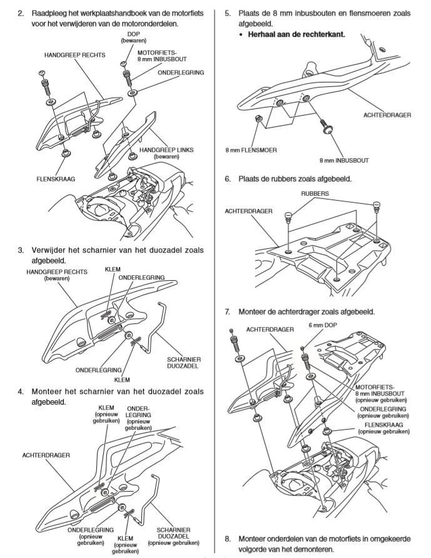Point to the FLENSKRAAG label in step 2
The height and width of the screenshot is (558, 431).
(x=56, y=178)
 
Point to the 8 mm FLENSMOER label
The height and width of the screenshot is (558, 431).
(x=251, y=150)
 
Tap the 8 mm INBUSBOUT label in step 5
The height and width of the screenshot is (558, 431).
(x=343, y=160)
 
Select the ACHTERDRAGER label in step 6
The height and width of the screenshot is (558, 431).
(x=248, y=211)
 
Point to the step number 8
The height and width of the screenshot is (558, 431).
(x=228, y=537)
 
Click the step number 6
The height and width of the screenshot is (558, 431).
(x=228, y=178)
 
